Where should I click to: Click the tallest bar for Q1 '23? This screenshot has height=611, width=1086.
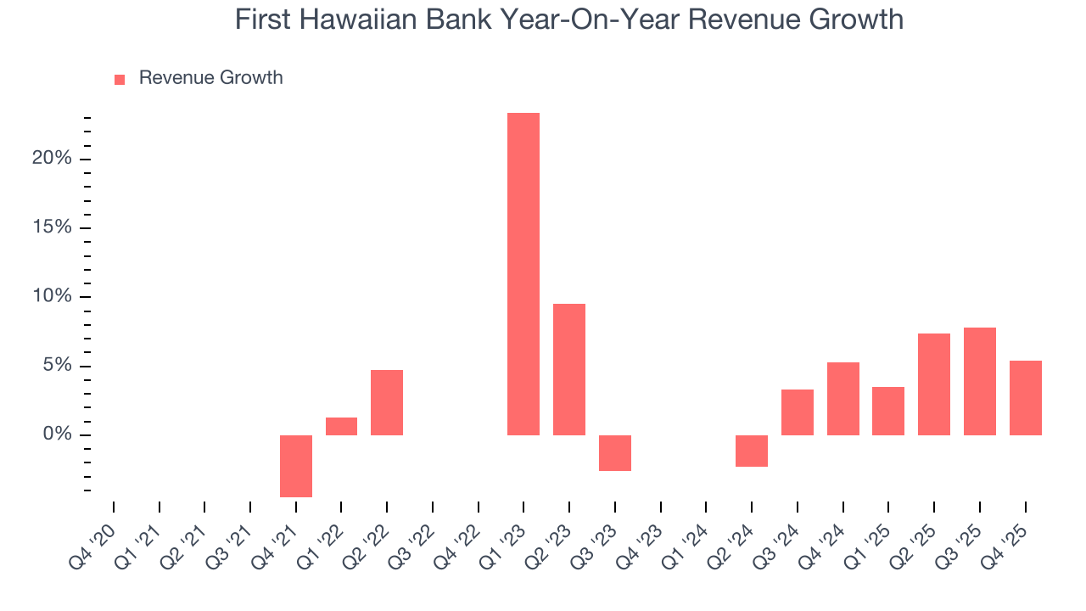[x=523, y=273]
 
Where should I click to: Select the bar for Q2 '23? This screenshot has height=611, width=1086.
[x=569, y=369]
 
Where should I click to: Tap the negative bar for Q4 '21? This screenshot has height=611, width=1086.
[x=296, y=466]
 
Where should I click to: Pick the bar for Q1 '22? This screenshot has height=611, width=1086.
[x=341, y=426]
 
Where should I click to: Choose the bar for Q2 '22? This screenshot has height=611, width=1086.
[x=387, y=402]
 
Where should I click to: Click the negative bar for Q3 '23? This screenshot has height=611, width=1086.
[x=615, y=453]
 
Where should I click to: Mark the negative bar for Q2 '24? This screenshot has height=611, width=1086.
[x=752, y=451]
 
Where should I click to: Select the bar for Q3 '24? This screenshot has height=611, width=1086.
[x=798, y=412]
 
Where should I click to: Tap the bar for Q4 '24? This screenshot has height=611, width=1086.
[x=843, y=399]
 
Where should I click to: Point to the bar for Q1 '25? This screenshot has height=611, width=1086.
[x=888, y=411]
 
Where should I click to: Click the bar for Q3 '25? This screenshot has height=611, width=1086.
[x=980, y=381]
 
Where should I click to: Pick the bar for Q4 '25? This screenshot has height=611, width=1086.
[x=1026, y=398]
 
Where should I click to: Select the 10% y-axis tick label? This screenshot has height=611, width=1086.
[x=52, y=297]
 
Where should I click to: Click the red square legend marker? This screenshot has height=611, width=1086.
[x=120, y=79]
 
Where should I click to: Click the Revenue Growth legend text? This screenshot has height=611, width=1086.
[x=210, y=78]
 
